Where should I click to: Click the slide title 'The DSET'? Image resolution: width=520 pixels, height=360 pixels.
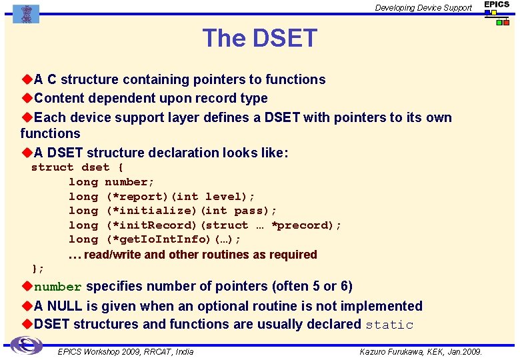click(x=259, y=39)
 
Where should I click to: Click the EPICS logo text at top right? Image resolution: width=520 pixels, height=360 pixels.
click(x=497, y=5)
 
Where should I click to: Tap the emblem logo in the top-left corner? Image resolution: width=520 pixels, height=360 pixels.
click(x=26, y=13)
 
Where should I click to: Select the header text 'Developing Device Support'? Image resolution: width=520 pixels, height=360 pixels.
click(x=423, y=8)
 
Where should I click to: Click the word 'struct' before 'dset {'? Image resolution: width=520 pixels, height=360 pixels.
click(x=52, y=167)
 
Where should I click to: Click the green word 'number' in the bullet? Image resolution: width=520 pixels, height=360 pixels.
click(x=58, y=287)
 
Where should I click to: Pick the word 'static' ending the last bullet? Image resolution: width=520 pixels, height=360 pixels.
click(x=390, y=325)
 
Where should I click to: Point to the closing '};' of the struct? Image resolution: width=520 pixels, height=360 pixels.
click(x=38, y=269)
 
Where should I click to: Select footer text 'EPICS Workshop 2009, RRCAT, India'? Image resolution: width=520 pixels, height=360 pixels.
click(x=125, y=351)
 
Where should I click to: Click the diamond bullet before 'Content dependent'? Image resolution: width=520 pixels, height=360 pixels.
click(x=27, y=98)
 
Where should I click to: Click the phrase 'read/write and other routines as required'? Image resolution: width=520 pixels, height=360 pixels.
click(x=201, y=255)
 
